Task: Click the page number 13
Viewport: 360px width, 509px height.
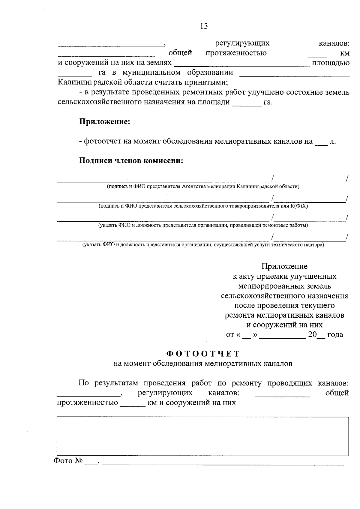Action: coord(204,26)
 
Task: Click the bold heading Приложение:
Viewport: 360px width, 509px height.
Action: coord(104,122)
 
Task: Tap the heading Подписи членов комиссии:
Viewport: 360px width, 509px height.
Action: coord(131,161)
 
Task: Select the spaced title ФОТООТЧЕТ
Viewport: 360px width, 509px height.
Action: coord(203,354)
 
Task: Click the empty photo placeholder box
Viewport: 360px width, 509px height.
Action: coord(203,436)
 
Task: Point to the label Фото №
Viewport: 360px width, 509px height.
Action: coord(68,461)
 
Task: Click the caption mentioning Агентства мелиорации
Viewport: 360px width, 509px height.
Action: coord(203,187)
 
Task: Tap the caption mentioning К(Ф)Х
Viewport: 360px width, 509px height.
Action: coord(203,206)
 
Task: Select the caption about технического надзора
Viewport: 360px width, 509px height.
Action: coord(203,245)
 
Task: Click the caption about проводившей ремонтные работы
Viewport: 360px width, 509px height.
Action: coord(203,225)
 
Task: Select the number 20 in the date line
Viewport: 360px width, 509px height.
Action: coord(312,335)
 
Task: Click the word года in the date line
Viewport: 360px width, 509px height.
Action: coord(335,335)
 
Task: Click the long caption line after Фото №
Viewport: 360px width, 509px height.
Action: coord(223,463)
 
